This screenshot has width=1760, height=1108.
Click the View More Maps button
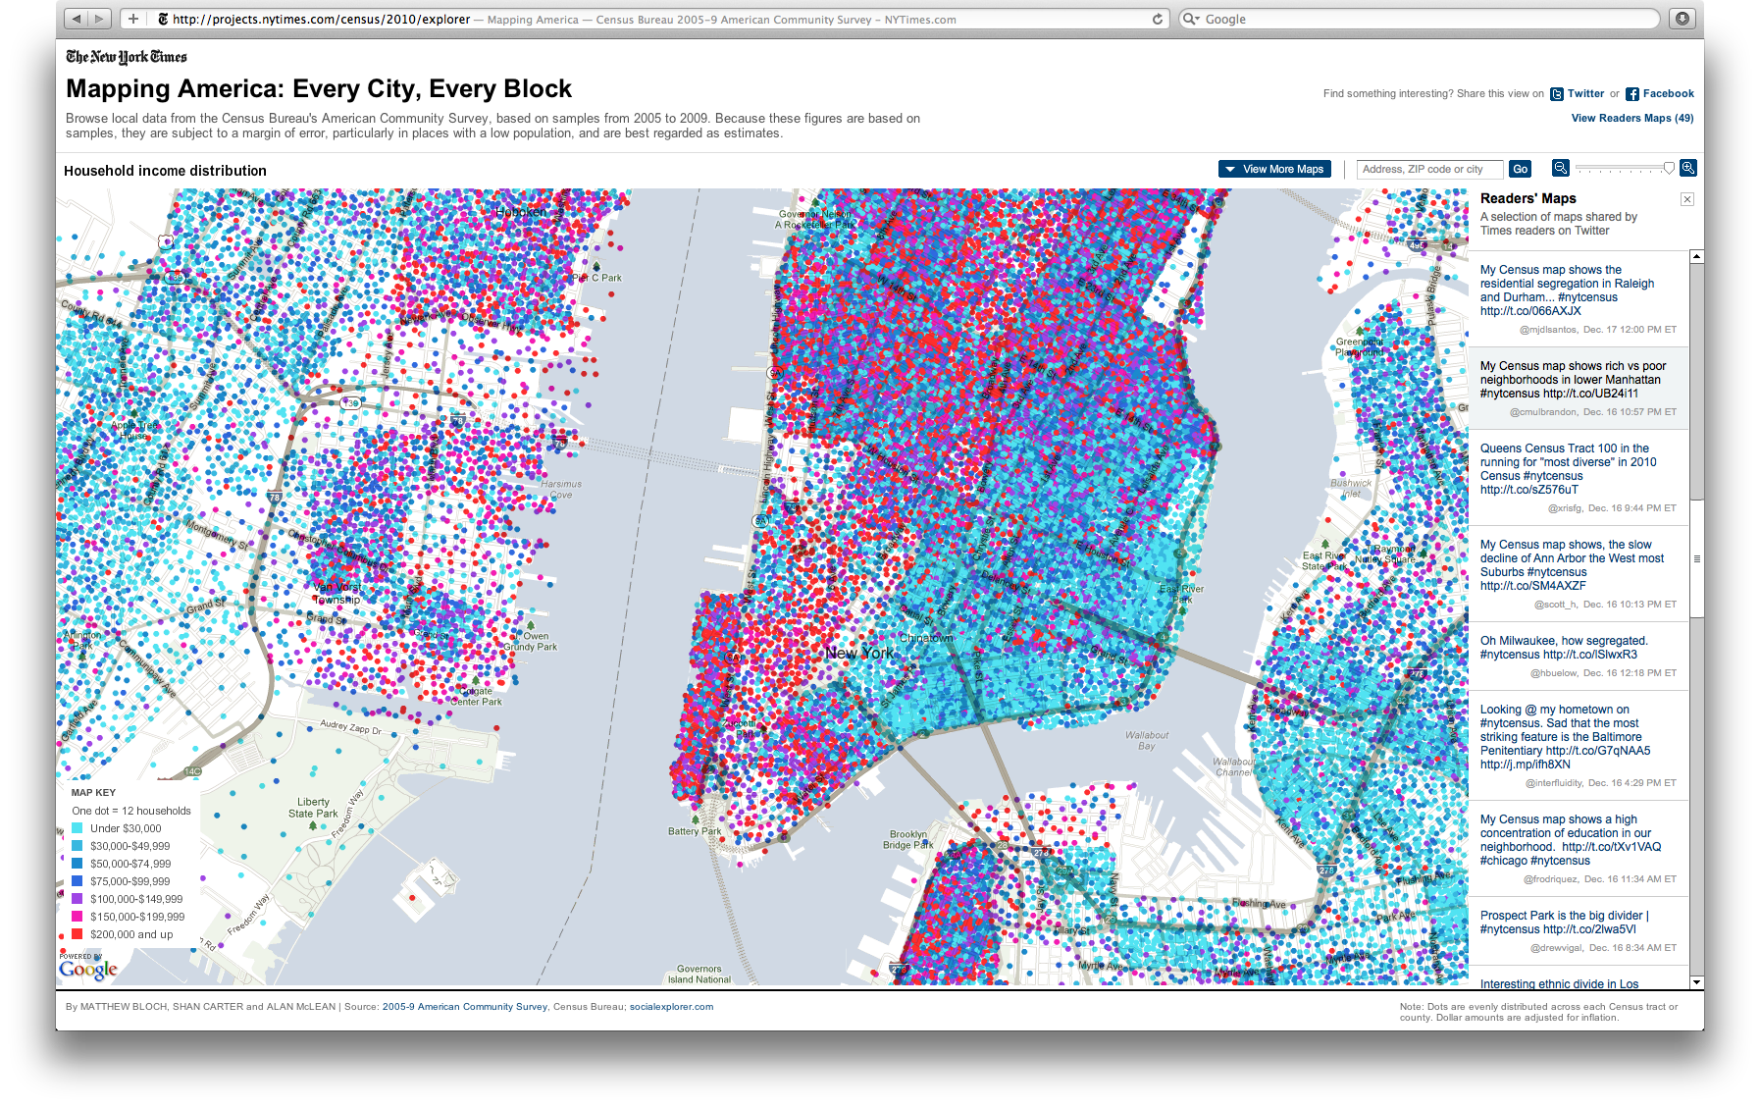pos(1274,169)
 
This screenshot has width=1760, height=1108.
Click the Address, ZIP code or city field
pos(1429,169)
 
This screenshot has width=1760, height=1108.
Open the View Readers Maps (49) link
pos(1631,118)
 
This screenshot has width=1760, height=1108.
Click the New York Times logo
pos(126,57)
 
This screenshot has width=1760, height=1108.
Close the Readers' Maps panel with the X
pos(1686,199)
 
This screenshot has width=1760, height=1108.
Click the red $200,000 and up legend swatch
pos(77,934)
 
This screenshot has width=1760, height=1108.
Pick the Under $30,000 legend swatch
pos(77,828)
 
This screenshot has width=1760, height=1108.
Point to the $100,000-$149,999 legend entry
pos(136,899)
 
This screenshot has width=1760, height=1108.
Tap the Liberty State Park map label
pos(313,808)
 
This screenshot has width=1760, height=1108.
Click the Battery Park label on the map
pos(695,831)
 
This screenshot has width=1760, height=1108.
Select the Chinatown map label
pos(926,638)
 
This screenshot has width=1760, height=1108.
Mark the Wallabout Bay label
pos(1146,740)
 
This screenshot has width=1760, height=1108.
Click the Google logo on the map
pos(88,970)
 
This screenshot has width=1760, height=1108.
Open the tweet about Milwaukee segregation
pos(1563,648)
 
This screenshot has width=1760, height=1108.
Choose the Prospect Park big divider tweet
pos(1564,923)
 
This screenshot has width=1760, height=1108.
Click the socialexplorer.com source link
pos(671,1007)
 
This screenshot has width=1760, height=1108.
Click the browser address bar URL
pos(321,19)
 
